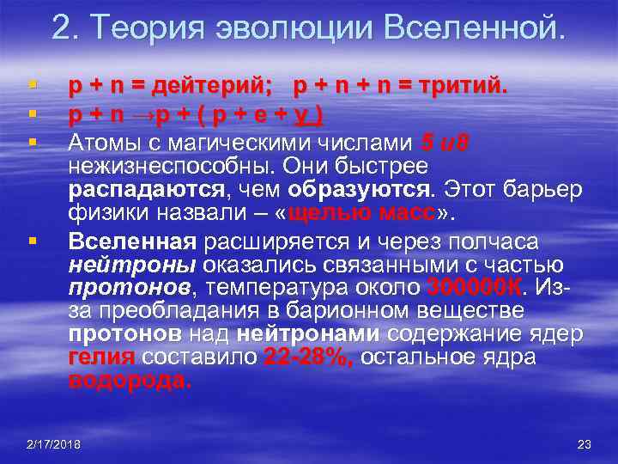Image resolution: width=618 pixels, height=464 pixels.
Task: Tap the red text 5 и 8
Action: coord(445,141)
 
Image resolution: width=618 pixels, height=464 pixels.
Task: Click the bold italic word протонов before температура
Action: coord(123,287)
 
